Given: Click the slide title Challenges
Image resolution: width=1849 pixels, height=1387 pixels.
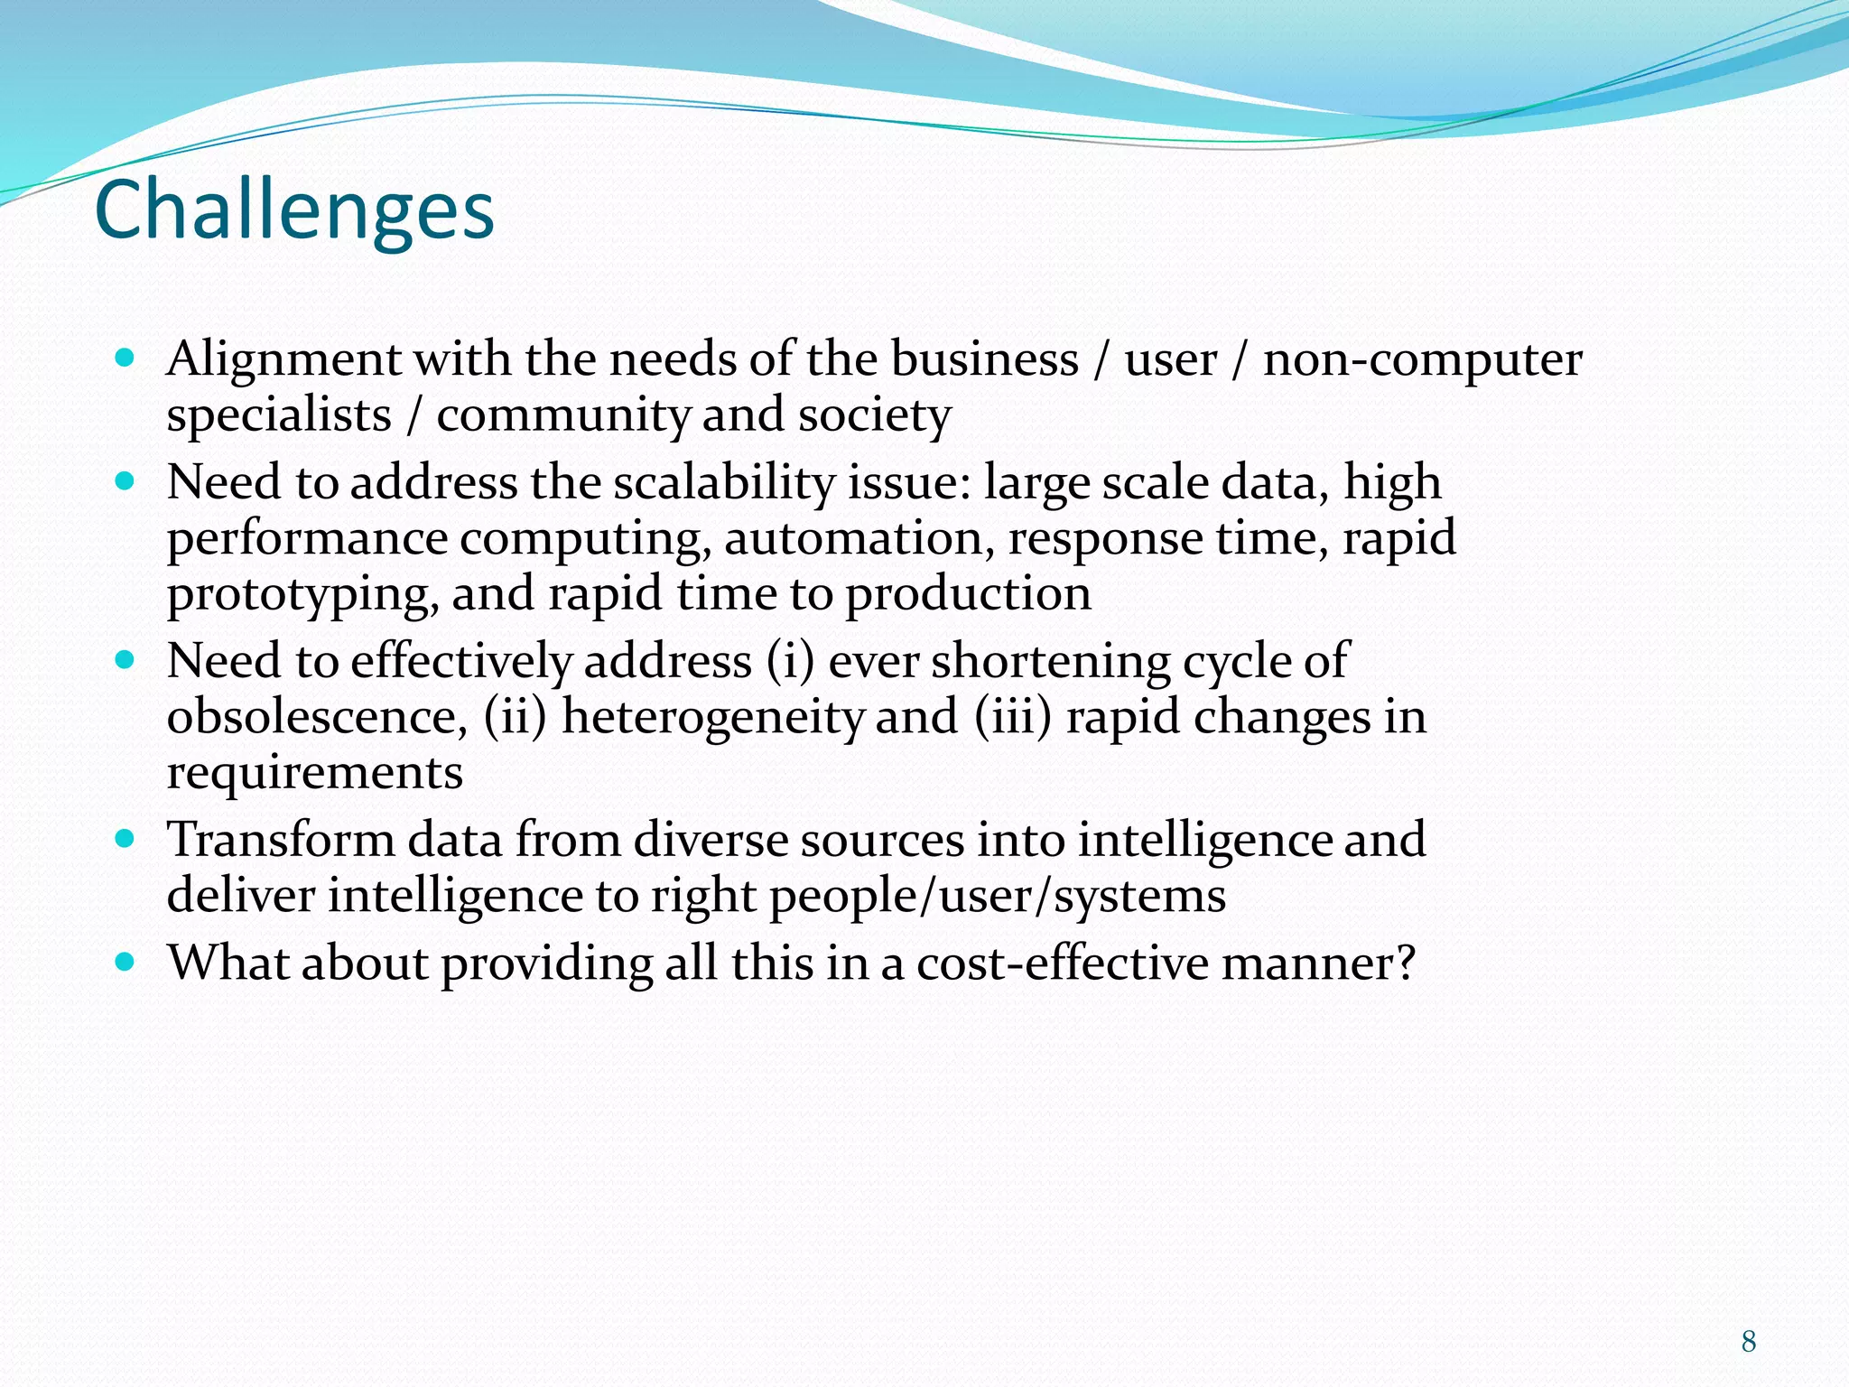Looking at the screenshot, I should (294, 210).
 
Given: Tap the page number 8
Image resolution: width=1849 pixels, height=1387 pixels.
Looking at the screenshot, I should (1748, 1341).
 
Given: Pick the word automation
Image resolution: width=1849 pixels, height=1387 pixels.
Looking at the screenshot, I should (853, 538).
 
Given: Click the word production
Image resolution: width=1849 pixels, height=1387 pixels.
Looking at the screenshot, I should (968, 595).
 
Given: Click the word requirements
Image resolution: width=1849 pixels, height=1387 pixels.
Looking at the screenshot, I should (314, 773).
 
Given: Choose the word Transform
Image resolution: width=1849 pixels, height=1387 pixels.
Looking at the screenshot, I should (281, 840).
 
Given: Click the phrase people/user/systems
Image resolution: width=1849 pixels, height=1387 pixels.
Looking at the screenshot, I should (997, 897).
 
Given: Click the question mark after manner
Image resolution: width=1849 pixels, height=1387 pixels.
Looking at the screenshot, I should (1405, 963).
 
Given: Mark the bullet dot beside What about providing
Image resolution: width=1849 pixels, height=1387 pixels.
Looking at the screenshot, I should (125, 961).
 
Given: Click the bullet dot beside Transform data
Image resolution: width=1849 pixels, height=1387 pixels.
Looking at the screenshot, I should (125, 839).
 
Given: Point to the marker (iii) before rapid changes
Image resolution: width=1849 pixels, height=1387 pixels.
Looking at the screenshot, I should (1013, 717).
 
